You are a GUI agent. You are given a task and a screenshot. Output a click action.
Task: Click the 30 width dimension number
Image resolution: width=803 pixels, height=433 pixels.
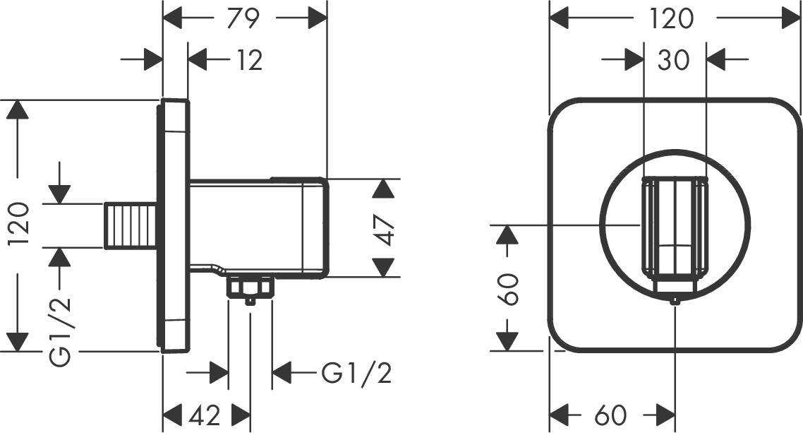[674, 61]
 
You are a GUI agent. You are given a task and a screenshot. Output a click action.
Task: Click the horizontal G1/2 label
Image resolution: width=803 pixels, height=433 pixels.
[356, 372]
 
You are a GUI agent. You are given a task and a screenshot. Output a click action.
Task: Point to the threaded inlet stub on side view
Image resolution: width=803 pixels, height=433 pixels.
[131, 225]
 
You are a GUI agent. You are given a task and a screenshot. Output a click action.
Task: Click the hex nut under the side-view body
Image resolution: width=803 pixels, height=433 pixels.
[250, 287]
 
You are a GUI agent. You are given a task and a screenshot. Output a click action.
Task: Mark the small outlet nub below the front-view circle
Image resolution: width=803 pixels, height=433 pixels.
[676, 302]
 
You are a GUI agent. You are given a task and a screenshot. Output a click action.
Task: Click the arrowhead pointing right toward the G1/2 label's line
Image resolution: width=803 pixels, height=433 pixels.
[216, 371]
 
